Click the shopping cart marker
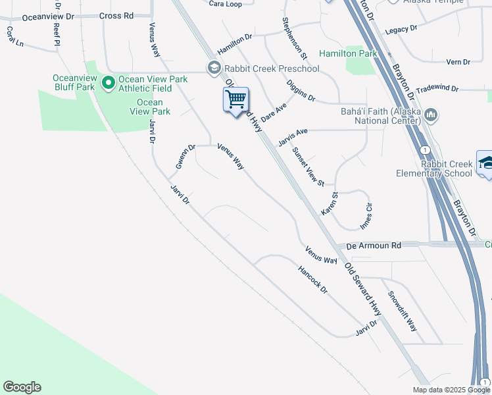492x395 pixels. pyautogui.click(x=235, y=100)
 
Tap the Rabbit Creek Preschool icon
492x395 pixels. pyautogui.click(x=214, y=68)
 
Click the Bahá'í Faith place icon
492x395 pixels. pyautogui.click(x=431, y=115)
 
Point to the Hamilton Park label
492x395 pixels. pyautogui.click(x=347, y=53)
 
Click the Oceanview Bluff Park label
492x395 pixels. pyautogui.click(x=75, y=82)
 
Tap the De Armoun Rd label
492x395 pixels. pyautogui.click(x=374, y=245)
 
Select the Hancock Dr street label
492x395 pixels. pyautogui.click(x=312, y=280)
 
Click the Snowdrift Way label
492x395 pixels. pyautogui.click(x=402, y=311)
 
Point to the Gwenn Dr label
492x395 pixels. pyautogui.click(x=185, y=157)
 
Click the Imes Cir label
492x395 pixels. pyautogui.click(x=366, y=216)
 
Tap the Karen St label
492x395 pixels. pyautogui.click(x=329, y=203)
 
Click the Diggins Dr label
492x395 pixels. pyautogui.click(x=301, y=90)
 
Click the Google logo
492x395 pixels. pyautogui.click(x=22, y=387)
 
